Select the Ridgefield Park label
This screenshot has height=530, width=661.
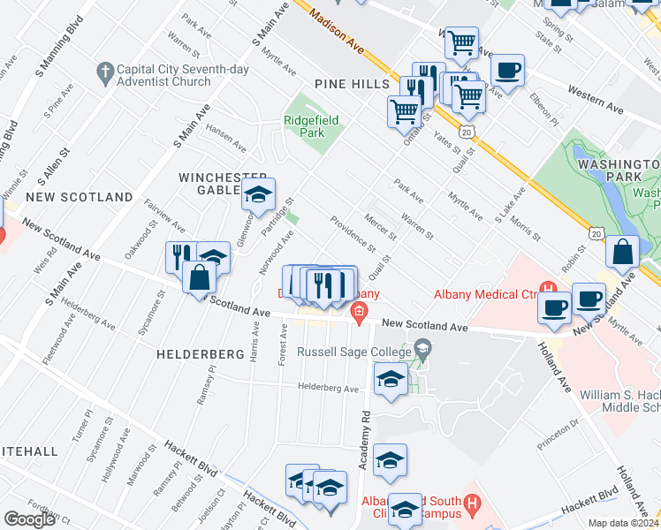[x=310, y=126]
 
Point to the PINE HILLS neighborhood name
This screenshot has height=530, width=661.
[x=352, y=83]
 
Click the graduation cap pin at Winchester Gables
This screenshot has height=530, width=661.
[x=258, y=195]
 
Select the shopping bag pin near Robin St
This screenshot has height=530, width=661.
[x=622, y=251]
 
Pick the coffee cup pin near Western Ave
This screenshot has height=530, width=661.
[x=506, y=71]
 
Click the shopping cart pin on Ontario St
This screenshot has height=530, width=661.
[x=404, y=111]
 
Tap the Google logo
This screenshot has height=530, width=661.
[x=29, y=519]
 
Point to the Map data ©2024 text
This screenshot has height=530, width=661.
[x=624, y=523]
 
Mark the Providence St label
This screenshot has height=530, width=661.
[x=353, y=234]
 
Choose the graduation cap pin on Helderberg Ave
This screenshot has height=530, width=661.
[x=390, y=380]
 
